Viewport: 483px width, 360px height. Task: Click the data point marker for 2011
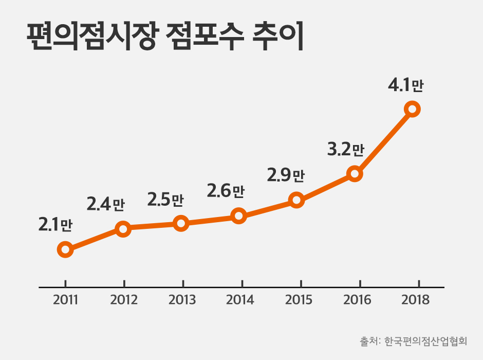tap(65, 250)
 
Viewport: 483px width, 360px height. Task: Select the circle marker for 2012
tap(123, 229)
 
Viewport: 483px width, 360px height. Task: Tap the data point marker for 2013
tap(180, 223)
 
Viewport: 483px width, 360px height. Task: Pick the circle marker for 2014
tap(238, 215)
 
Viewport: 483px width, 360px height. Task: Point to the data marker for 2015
tap(296, 200)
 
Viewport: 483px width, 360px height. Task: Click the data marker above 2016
tap(354, 173)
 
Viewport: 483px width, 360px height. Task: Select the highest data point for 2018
tap(412, 109)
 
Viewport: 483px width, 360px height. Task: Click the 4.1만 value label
tap(405, 85)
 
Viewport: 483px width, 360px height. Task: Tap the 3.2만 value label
tap(345, 150)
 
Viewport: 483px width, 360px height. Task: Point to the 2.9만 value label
tap(286, 175)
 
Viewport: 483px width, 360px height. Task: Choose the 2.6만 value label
tap(226, 191)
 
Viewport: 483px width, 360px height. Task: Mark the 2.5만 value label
tap(165, 199)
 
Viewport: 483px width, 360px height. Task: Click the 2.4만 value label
tap(106, 205)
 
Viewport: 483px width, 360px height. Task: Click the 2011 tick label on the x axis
tap(65, 300)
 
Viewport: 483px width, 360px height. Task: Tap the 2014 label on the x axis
tap(240, 300)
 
